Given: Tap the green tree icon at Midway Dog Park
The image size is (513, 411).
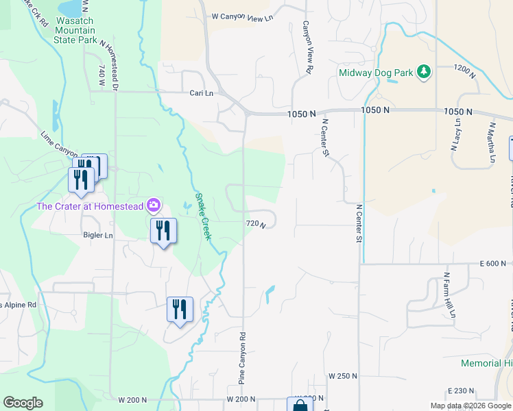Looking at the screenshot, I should click(x=425, y=72).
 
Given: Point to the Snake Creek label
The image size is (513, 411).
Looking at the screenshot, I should click(x=202, y=216).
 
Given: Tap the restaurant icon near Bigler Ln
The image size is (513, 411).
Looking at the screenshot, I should click(x=163, y=231).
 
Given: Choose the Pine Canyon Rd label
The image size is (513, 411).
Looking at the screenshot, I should click(x=241, y=358).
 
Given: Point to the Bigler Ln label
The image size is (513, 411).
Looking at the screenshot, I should click(x=98, y=236).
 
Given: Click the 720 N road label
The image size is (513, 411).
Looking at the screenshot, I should click(x=255, y=224).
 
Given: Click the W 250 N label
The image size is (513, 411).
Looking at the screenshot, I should click(x=343, y=377).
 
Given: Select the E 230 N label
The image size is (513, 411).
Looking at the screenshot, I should click(x=460, y=390).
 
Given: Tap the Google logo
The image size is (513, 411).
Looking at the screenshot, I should click(x=23, y=403).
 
